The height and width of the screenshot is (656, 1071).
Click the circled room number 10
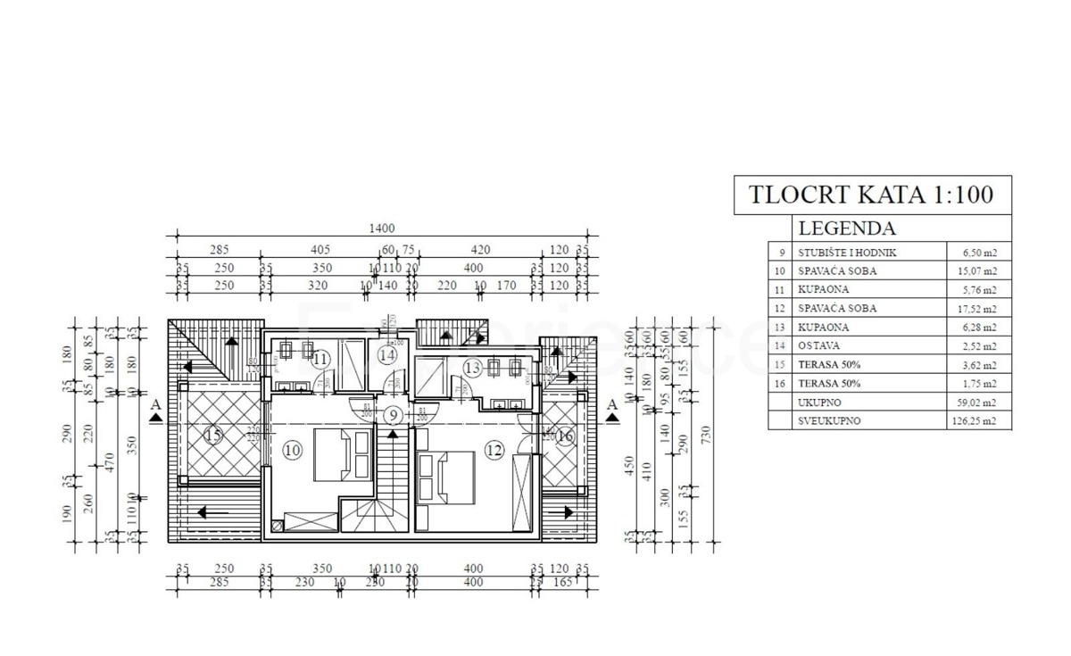pos(293,451)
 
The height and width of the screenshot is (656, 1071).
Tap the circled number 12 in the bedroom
pos(494,451)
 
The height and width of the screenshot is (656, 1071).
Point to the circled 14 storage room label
pos(386,355)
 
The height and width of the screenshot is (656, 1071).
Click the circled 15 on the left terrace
pos(212,436)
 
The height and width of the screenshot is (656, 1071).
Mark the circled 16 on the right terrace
pos(564,436)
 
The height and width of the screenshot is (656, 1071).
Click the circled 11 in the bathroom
pos(321,359)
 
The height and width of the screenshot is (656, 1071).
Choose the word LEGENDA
pos(846,228)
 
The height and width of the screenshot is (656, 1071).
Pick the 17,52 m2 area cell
pos(978,309)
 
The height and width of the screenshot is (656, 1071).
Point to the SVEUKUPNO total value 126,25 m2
pos(978,421)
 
